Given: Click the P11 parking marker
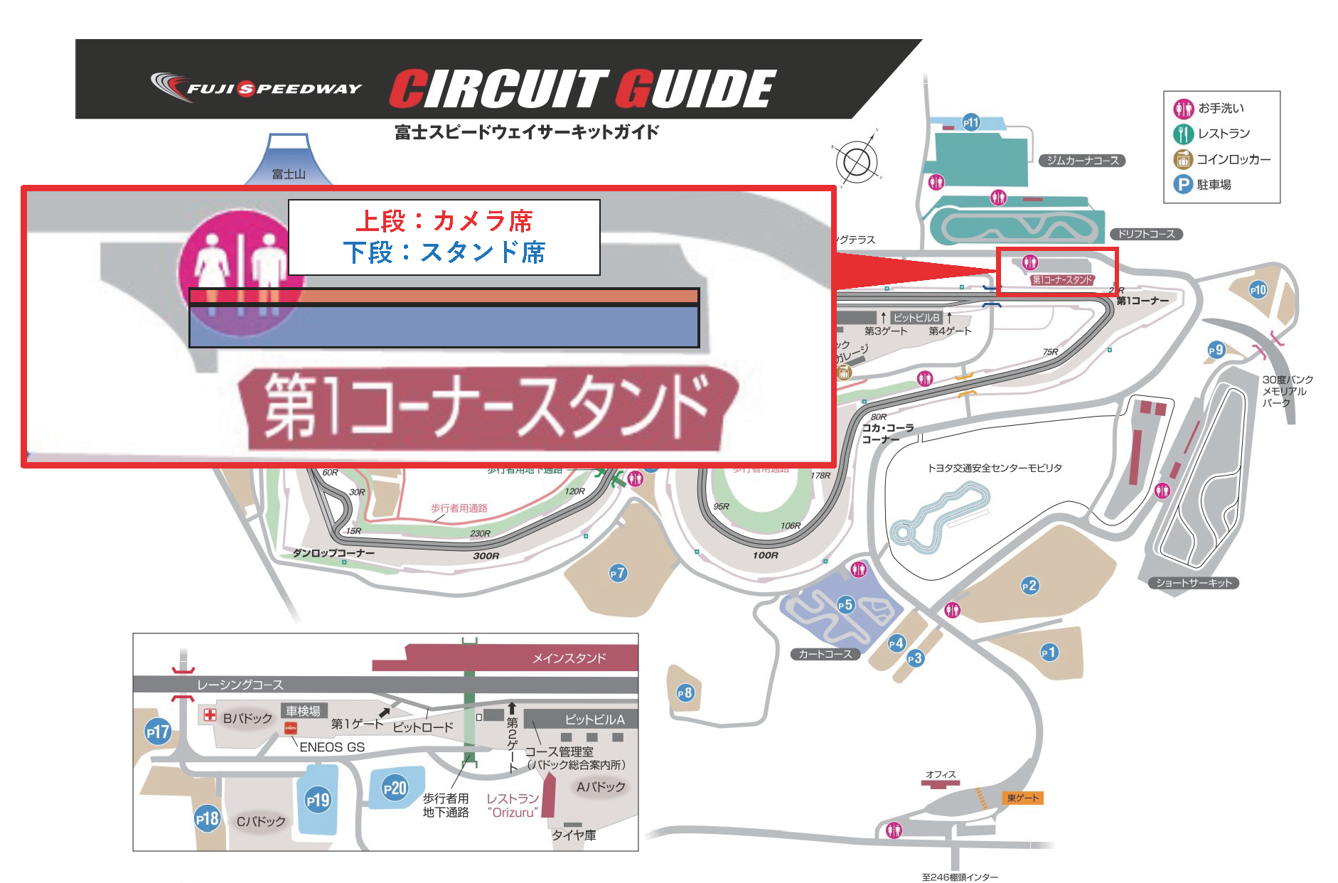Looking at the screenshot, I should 971,122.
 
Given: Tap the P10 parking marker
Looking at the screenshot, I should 1258,290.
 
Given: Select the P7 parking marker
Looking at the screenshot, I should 618,573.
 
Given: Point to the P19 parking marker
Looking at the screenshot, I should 318,801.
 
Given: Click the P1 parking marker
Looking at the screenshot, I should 1049,653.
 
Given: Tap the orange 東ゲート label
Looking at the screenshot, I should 1023,798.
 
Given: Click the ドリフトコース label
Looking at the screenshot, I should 1146,234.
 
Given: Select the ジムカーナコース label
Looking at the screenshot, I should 1082,161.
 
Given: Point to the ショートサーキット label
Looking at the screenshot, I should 1194,583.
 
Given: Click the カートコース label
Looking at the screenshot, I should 825,654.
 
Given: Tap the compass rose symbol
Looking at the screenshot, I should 857,161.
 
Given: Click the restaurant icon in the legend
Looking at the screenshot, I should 1183,134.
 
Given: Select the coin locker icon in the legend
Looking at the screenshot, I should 1183,159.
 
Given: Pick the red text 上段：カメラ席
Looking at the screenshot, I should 444,221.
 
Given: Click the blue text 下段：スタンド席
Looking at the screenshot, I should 444,252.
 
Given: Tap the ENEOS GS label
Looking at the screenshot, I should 332,747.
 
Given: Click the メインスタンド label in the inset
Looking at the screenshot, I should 569,658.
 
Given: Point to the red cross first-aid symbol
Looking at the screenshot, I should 210,715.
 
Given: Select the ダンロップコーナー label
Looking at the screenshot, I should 333,553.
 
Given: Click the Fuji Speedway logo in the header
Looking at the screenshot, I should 256,87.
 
